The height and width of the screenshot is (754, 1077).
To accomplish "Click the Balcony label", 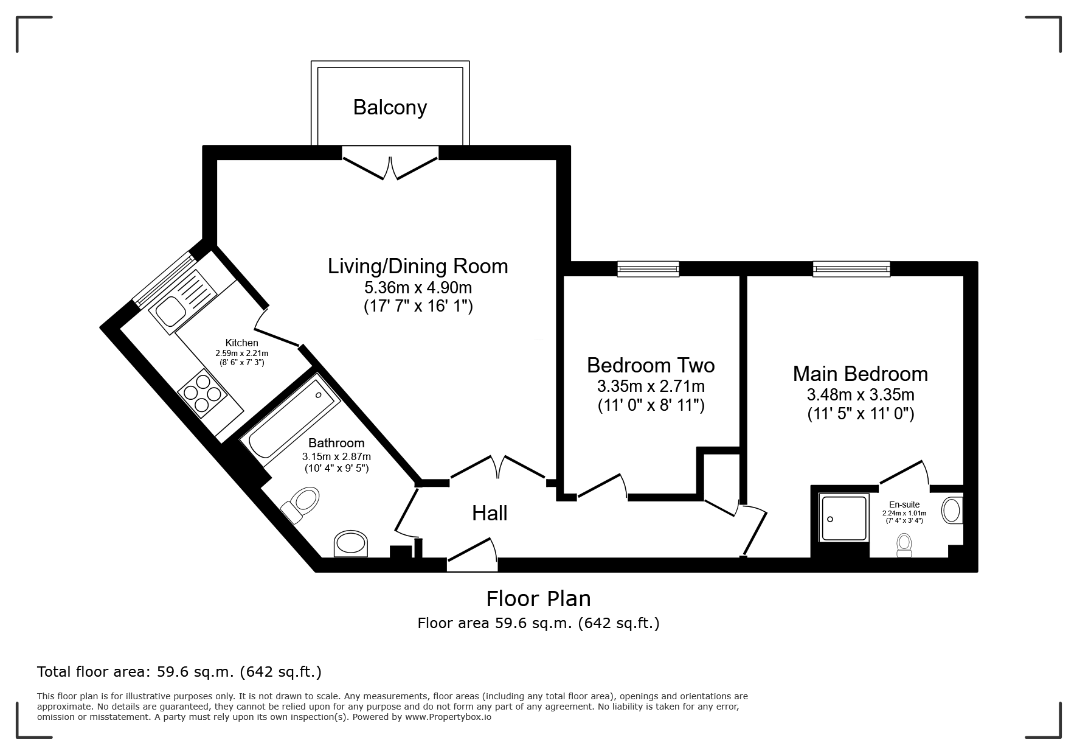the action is [x=390, y=108].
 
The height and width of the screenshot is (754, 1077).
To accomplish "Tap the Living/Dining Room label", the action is [x=418, y=266].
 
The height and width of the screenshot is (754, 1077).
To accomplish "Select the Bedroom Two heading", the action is [x=651, y=365].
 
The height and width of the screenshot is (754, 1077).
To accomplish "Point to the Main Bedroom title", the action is [x=861, y=373].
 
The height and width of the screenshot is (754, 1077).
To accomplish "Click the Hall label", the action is [x=490, y=513].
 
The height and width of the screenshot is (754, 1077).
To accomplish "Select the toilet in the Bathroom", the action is [x=301, y=504].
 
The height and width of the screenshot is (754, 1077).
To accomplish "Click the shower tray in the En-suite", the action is [x=843, y=518].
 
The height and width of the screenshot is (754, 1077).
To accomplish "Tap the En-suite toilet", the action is [x=904, y=545].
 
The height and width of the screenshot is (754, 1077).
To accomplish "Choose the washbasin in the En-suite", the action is [x=952, y=510].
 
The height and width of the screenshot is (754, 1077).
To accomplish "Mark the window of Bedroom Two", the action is [x=648, y=268].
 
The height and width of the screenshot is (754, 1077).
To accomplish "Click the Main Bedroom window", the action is [x=851, y=268].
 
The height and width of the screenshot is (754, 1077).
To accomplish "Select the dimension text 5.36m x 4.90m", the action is [x=418, y=287].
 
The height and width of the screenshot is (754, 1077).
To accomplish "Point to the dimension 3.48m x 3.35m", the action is [x=861, y=394].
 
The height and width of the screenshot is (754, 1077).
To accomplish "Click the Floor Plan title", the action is [x=538, y=599].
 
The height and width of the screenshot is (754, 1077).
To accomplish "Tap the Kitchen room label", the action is [x=242, y=343].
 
